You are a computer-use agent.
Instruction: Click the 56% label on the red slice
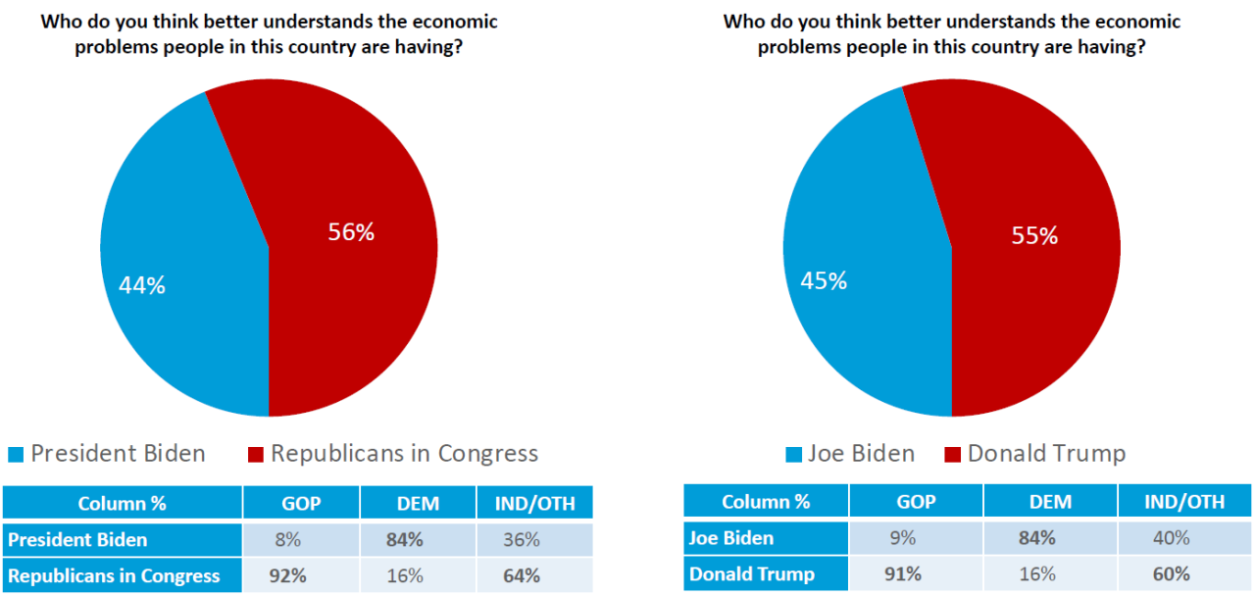[351, 232]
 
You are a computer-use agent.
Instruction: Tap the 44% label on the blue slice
[142, 285]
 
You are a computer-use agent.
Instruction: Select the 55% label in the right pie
[1034, 236]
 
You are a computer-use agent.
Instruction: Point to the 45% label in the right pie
[824, 280]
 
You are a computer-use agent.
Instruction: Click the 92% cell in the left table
[301, 575]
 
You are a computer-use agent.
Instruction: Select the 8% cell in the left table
[301, 539]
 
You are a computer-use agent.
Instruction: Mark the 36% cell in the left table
[534, 539]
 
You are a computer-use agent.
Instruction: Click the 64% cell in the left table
[534, 575]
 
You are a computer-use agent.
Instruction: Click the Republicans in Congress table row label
[114, 575]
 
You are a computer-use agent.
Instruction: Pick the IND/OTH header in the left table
[534, 504]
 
